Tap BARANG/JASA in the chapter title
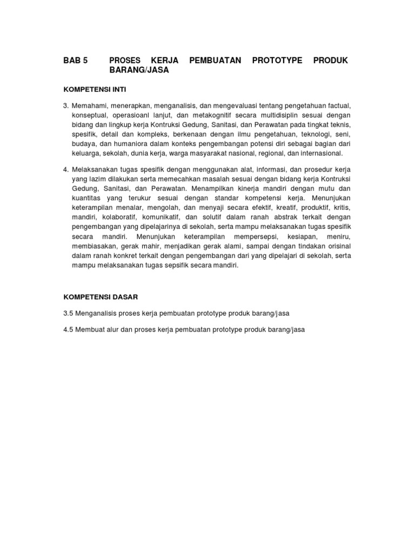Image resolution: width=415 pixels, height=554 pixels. click(139, 70)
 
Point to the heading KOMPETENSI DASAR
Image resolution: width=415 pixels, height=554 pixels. click(101, 297)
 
